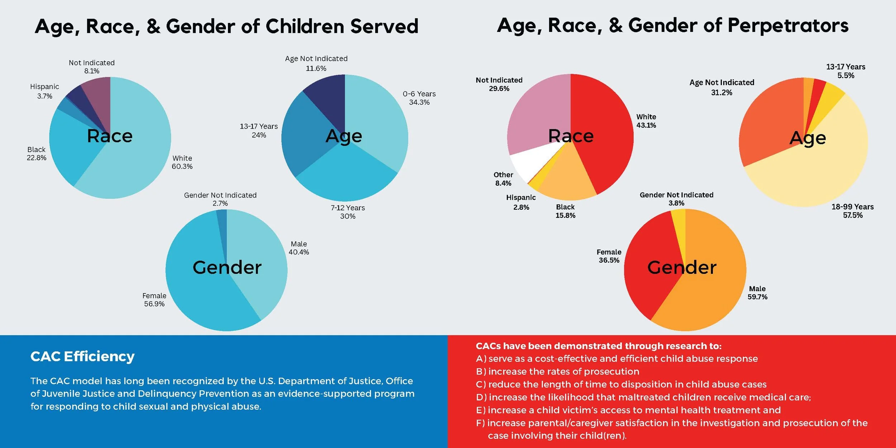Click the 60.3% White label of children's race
click(x=182, y=162)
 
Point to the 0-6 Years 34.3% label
click(x=419, y=98)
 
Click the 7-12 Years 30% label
click(x=348, y=212)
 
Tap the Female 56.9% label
click(x=154, y=300)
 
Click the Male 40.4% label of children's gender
click(x=299, y=248)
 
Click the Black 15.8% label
click(x=565, y=211)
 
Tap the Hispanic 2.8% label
click(x=521, y=202)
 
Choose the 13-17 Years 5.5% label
click(x=845, y=71)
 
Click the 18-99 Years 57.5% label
click(x=852, y=211)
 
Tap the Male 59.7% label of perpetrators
click(x=757, y=292)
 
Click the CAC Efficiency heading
click(x=82, y=356)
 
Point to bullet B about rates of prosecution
click(x=558, y=371)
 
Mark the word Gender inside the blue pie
click(x=227, y=267)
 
